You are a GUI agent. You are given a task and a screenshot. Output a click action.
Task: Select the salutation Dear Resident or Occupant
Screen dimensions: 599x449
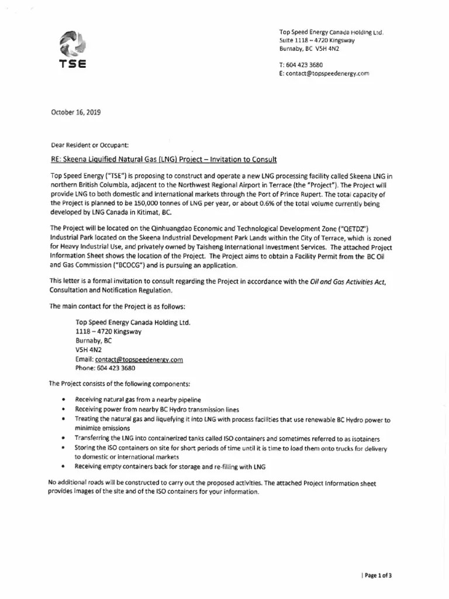88,144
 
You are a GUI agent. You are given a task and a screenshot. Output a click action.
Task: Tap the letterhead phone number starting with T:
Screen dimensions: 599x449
301,64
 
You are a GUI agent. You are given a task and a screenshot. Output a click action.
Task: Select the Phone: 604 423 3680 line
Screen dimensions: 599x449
105,369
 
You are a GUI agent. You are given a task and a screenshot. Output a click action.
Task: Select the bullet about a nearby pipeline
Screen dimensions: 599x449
130,398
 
